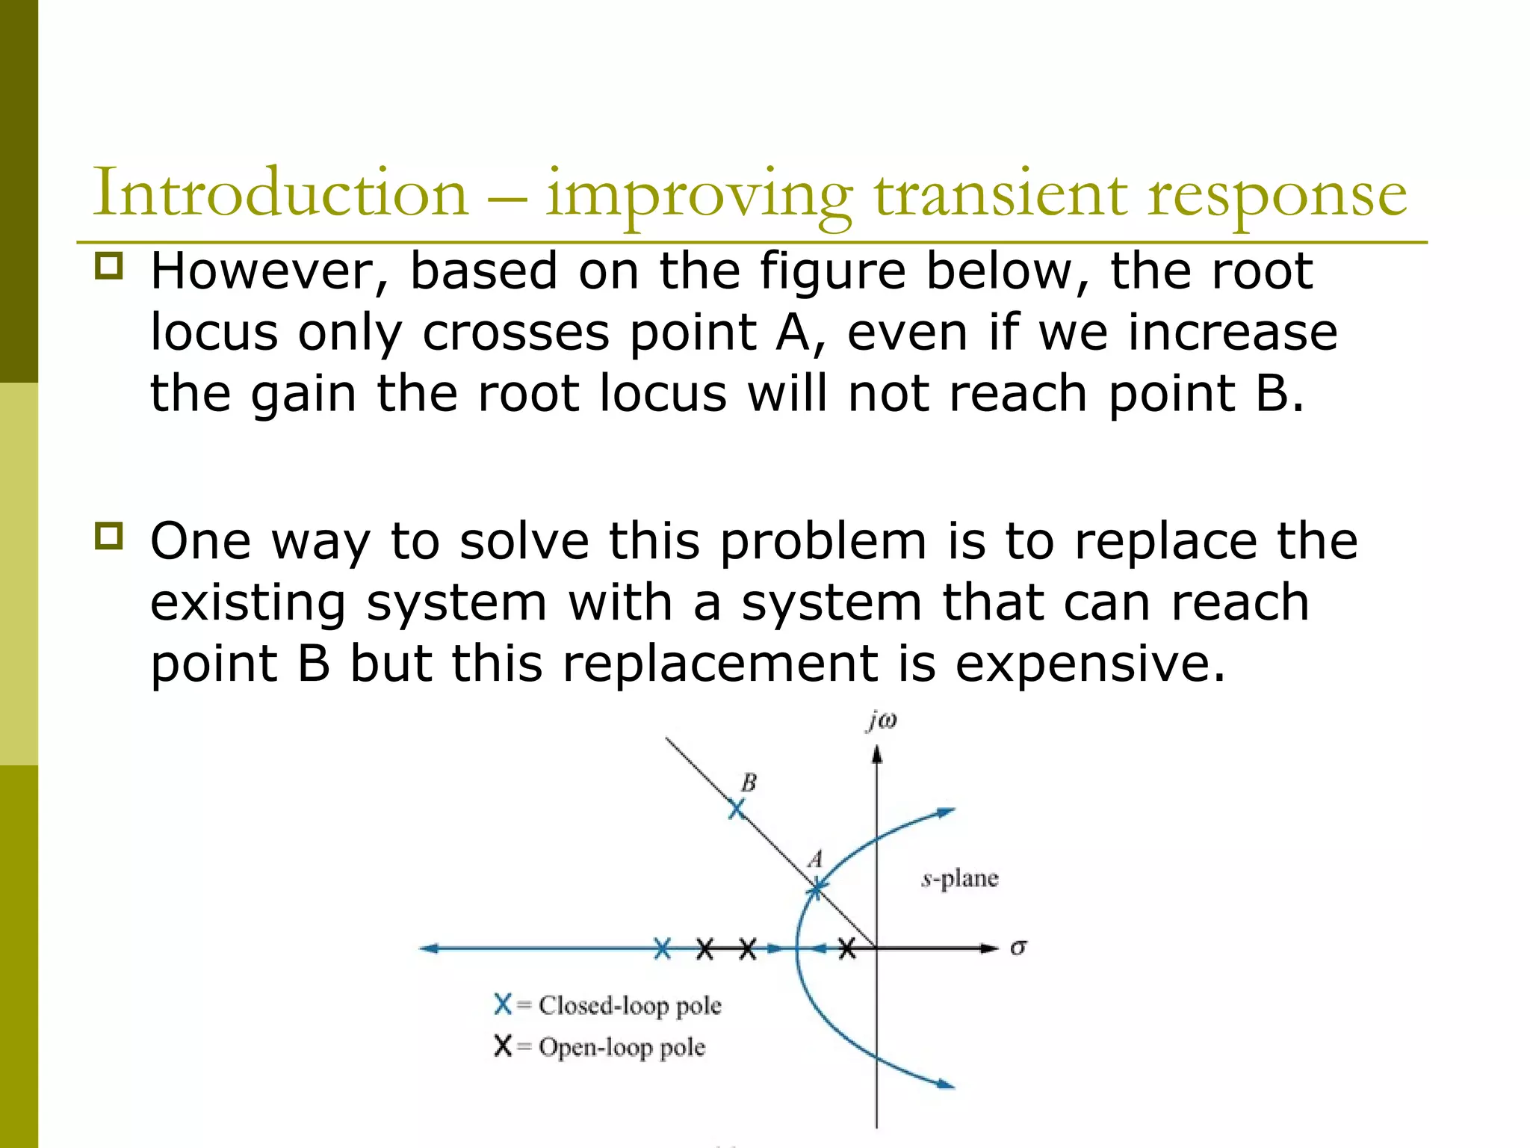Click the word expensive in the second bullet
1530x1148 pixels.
(x=1090, y=663)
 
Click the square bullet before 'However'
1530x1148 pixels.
(x=109, y=266)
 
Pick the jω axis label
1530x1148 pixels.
(x=882, y=720)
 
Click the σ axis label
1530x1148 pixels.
(x=1018, y=948)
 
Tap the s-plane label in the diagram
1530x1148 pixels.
(x=960, y=878)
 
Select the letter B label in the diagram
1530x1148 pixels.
(x=749, y=783)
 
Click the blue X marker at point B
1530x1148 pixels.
(x=737, y=809)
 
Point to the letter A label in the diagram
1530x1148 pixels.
(x=816, y=859)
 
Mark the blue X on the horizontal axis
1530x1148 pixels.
(x=663, y=949)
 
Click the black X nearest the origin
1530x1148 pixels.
(x=846, y=949)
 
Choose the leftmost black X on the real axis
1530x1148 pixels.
(x=704, y=949)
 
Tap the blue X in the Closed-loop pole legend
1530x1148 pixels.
(x=503, y=1004)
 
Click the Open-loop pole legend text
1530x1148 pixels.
(x=622, y=1047)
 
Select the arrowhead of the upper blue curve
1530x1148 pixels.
(x=947, y=812)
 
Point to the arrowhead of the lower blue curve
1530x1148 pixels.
(x=947, y=1084)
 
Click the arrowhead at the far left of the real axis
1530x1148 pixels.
(x=427, y=949)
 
